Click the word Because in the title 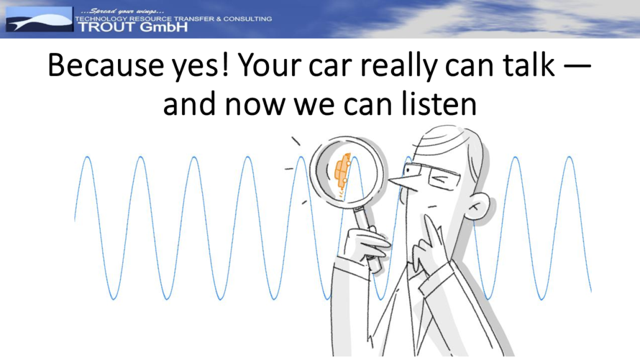click(x=106, y=65)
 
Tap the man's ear click(x=478, y=206)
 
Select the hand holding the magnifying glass click(x=365, y=244)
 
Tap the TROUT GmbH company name click(x=132, y=27)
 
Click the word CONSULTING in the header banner click(x=247, y=19)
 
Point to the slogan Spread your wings click(x=122, y=11)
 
